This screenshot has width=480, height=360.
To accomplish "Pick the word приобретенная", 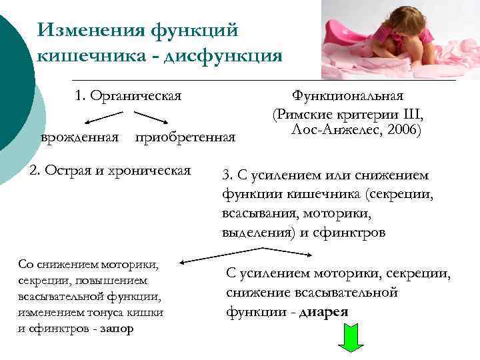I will click(185, 137).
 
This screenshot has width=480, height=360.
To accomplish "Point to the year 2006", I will click(401, 129).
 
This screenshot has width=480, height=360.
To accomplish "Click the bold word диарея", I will click(324, 312).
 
